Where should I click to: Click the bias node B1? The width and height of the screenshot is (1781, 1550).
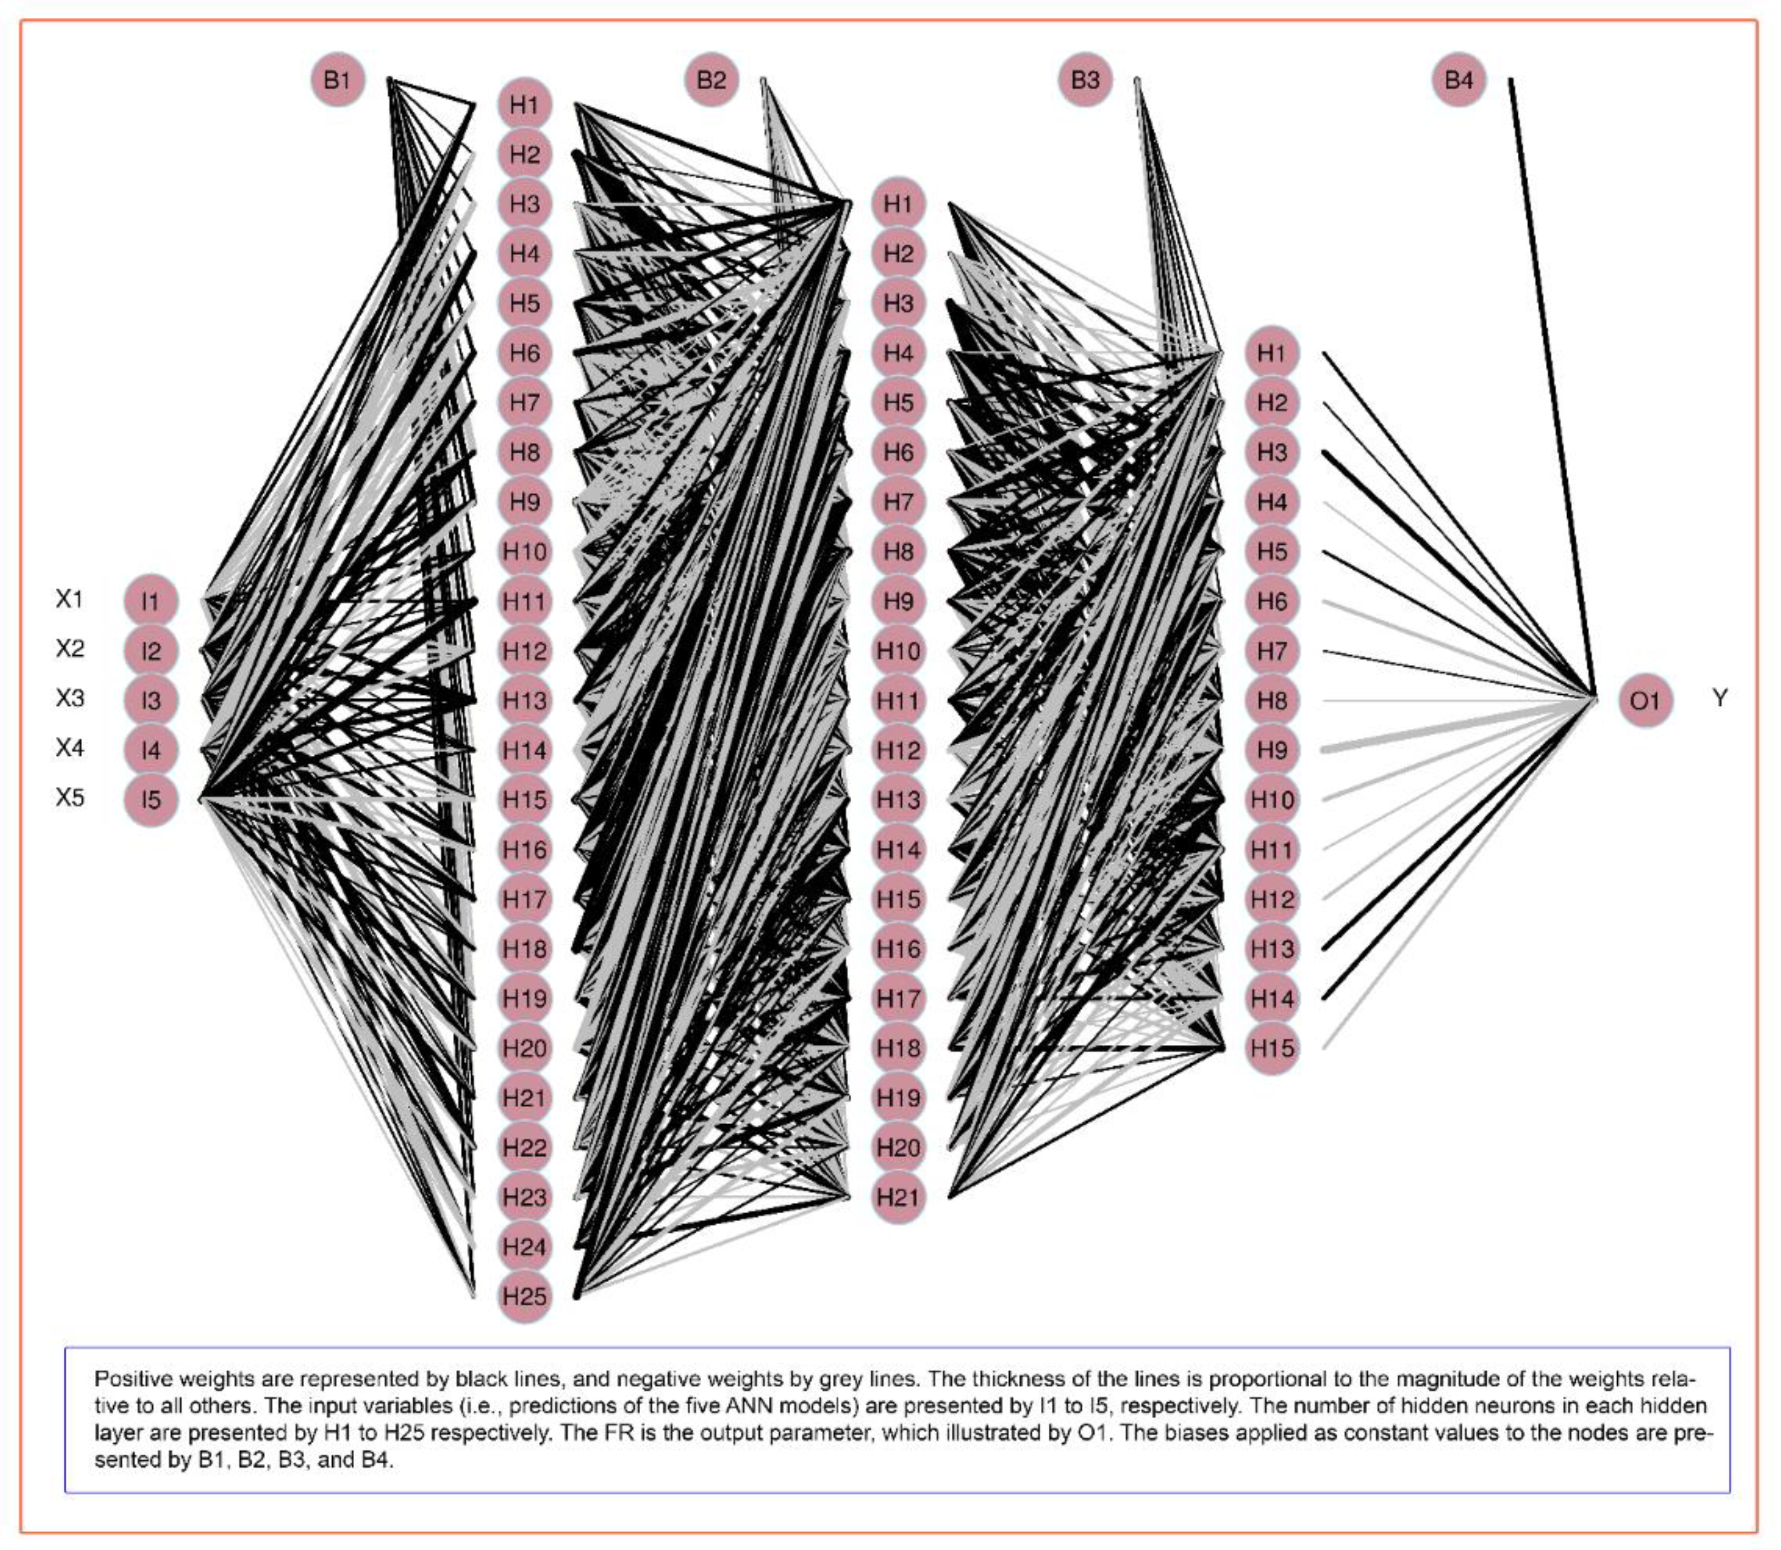[x=337, y=80]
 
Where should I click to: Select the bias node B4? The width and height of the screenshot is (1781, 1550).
[x=1459, y=80]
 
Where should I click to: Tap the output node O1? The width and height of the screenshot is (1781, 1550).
[x=1645, y=701]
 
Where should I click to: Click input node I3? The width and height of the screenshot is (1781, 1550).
[x=151, y=701]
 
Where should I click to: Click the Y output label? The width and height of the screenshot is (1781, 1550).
[x=1720, y=698]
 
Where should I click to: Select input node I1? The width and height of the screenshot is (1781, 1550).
[x=151, y=601]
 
